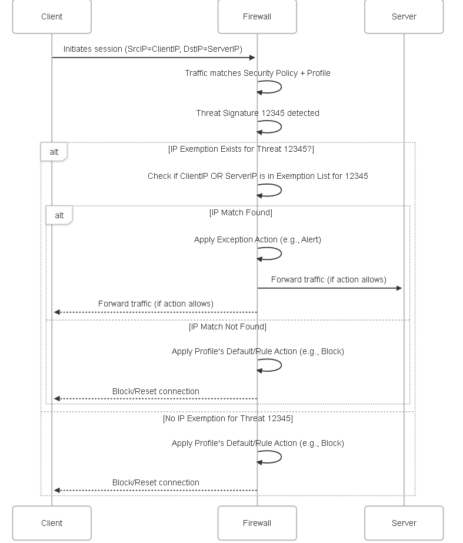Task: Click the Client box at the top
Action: click(x=52, y=16)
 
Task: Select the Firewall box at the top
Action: click(x=257, y=16)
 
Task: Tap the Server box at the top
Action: click(x=404, y=16)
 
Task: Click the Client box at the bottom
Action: click(x=52, y=523)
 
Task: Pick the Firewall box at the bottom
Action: click(x=257, y=523)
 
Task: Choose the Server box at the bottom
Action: click(x=404, y=523)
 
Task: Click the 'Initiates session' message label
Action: click(x=153, y=49)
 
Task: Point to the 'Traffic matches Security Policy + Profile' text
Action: click(x=258, y=73)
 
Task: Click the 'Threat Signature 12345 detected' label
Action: click(x=258, y=113)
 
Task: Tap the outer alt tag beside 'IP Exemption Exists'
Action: click(x=54, y=152)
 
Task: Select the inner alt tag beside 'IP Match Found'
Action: click(x=59, y=215)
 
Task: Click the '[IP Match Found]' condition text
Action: click(x=241, y=212)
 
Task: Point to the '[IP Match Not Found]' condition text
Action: click(x=228, y=327)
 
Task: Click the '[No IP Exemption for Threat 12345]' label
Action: click(x=228, y=419)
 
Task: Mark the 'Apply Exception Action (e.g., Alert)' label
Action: click(x=258, y=239)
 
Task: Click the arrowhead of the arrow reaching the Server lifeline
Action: click(x=399, y=288)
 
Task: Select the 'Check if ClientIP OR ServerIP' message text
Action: click(x=258, y=176)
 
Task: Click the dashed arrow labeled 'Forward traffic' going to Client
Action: click(x=155, y=312)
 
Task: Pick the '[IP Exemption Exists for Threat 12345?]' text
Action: click(x=241, y=149)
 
